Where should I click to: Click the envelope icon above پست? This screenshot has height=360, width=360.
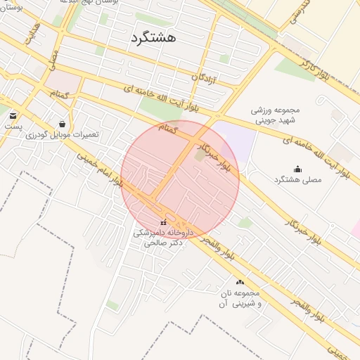click(x=13, y=115)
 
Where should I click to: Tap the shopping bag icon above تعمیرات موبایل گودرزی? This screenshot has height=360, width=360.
click(x=63, y=124)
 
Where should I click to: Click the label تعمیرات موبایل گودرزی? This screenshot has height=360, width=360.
click(x=63, y=134)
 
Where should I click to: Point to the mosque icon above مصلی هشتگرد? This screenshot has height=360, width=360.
click(x=297, y=169)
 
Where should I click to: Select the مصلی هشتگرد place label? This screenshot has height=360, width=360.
click(x=297, y=179)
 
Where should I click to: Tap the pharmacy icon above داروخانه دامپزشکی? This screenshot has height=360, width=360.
click(x=164, y=222)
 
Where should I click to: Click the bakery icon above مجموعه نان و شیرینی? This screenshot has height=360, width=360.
click(x=240, y=282)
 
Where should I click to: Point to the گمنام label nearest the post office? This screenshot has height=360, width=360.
click(x=59, y=94)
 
